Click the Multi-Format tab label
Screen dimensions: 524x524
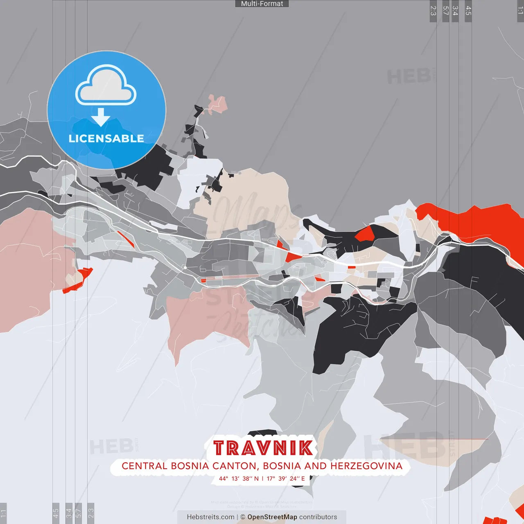262,4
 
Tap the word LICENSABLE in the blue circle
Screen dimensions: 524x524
106,138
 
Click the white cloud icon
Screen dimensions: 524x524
106,85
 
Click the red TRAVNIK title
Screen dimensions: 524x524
263,448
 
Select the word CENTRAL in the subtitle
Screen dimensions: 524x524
145,466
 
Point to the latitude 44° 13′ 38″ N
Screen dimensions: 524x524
239,479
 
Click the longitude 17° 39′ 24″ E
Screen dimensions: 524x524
286,479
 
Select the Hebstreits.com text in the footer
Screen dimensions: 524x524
210,517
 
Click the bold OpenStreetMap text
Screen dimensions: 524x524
272,517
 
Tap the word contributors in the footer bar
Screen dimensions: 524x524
318,517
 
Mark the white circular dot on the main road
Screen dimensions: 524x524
185,267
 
